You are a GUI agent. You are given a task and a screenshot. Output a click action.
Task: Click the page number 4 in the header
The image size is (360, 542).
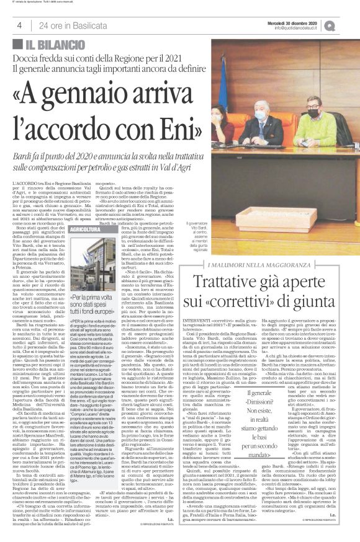(19, 25)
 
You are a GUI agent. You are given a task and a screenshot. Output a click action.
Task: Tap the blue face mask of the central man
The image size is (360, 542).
(259, 116)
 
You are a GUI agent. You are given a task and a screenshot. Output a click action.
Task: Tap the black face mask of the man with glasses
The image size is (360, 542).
(313, 112)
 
